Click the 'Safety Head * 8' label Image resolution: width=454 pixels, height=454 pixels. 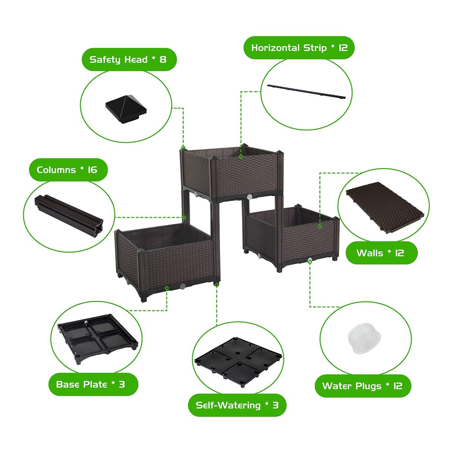coord(128,60)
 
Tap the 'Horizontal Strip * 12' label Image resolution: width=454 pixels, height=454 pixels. coord(299,48)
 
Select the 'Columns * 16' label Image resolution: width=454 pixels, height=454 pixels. coord(67,169)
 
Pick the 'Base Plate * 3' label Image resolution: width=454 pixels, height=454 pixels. coord(90,384)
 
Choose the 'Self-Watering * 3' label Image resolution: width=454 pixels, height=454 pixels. coord(237,405)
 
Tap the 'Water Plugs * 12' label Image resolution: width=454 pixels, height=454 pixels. coord(362,386)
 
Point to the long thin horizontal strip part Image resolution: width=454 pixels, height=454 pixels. coord(306,92)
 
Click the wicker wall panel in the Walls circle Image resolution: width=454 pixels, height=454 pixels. coord(385,207)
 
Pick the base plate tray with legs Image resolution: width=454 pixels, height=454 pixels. coord(98,338)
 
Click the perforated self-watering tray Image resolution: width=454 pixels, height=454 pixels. coord(238,362)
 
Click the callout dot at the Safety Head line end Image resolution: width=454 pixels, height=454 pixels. coord(183,148)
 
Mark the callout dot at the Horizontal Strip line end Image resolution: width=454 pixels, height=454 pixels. coord(241,156)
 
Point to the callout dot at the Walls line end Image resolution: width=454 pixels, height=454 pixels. coord(320,226)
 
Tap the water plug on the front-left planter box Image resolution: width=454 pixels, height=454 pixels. coord(182,286)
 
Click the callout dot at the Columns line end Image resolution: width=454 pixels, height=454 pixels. coord(184,217)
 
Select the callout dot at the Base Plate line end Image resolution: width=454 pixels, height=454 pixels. coord(166,288)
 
